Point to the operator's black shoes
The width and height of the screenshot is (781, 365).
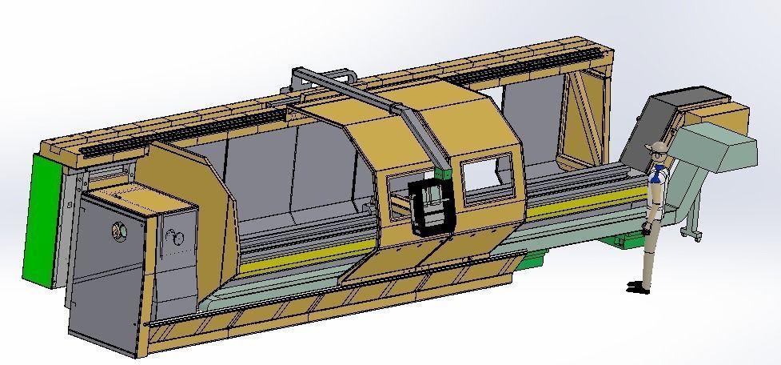636,286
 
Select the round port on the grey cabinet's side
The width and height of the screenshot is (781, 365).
119,232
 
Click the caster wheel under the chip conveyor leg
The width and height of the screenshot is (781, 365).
685,234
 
